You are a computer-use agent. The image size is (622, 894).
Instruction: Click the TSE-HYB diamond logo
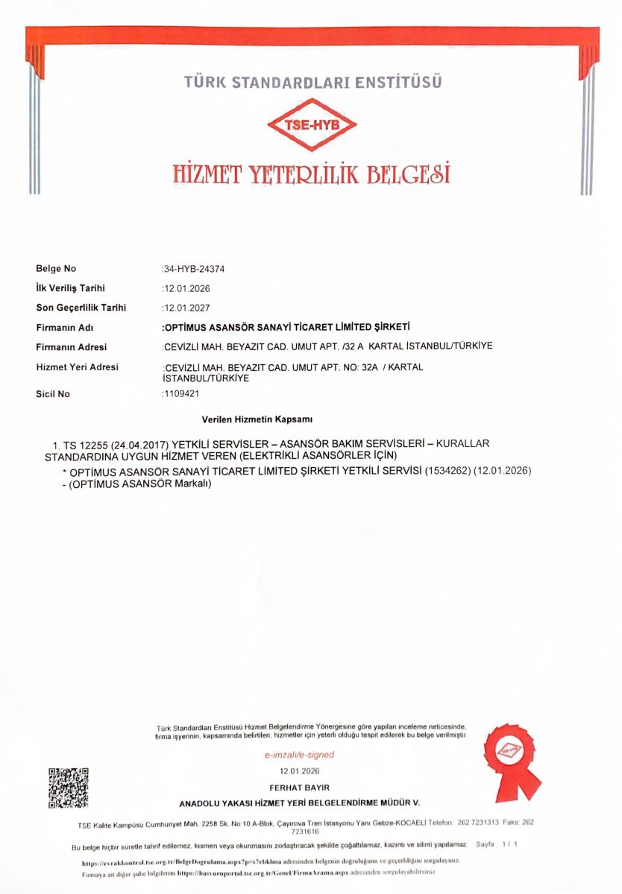(x=313, y=125)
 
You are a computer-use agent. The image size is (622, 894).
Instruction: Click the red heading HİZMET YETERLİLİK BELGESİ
(x=312, y=174)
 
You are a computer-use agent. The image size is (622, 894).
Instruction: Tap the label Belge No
(x=56, y=269)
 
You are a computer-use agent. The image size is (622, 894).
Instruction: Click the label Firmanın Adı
(x=64, y=328)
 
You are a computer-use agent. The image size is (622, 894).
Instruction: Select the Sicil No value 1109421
(x=181, y=394)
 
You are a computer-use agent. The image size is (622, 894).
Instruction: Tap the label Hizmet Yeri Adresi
(x=77, y=367)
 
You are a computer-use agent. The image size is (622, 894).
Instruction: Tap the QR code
(x=69, y=787)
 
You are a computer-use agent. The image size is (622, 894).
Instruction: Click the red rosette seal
(x=511, y=752)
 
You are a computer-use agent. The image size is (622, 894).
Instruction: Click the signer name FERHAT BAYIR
(x=299, y=787)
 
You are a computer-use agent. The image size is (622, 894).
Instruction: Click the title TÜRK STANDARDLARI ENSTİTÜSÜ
(x=312, y=82)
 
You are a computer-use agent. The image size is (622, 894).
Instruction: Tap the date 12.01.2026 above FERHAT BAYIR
(x=299, y=771)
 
